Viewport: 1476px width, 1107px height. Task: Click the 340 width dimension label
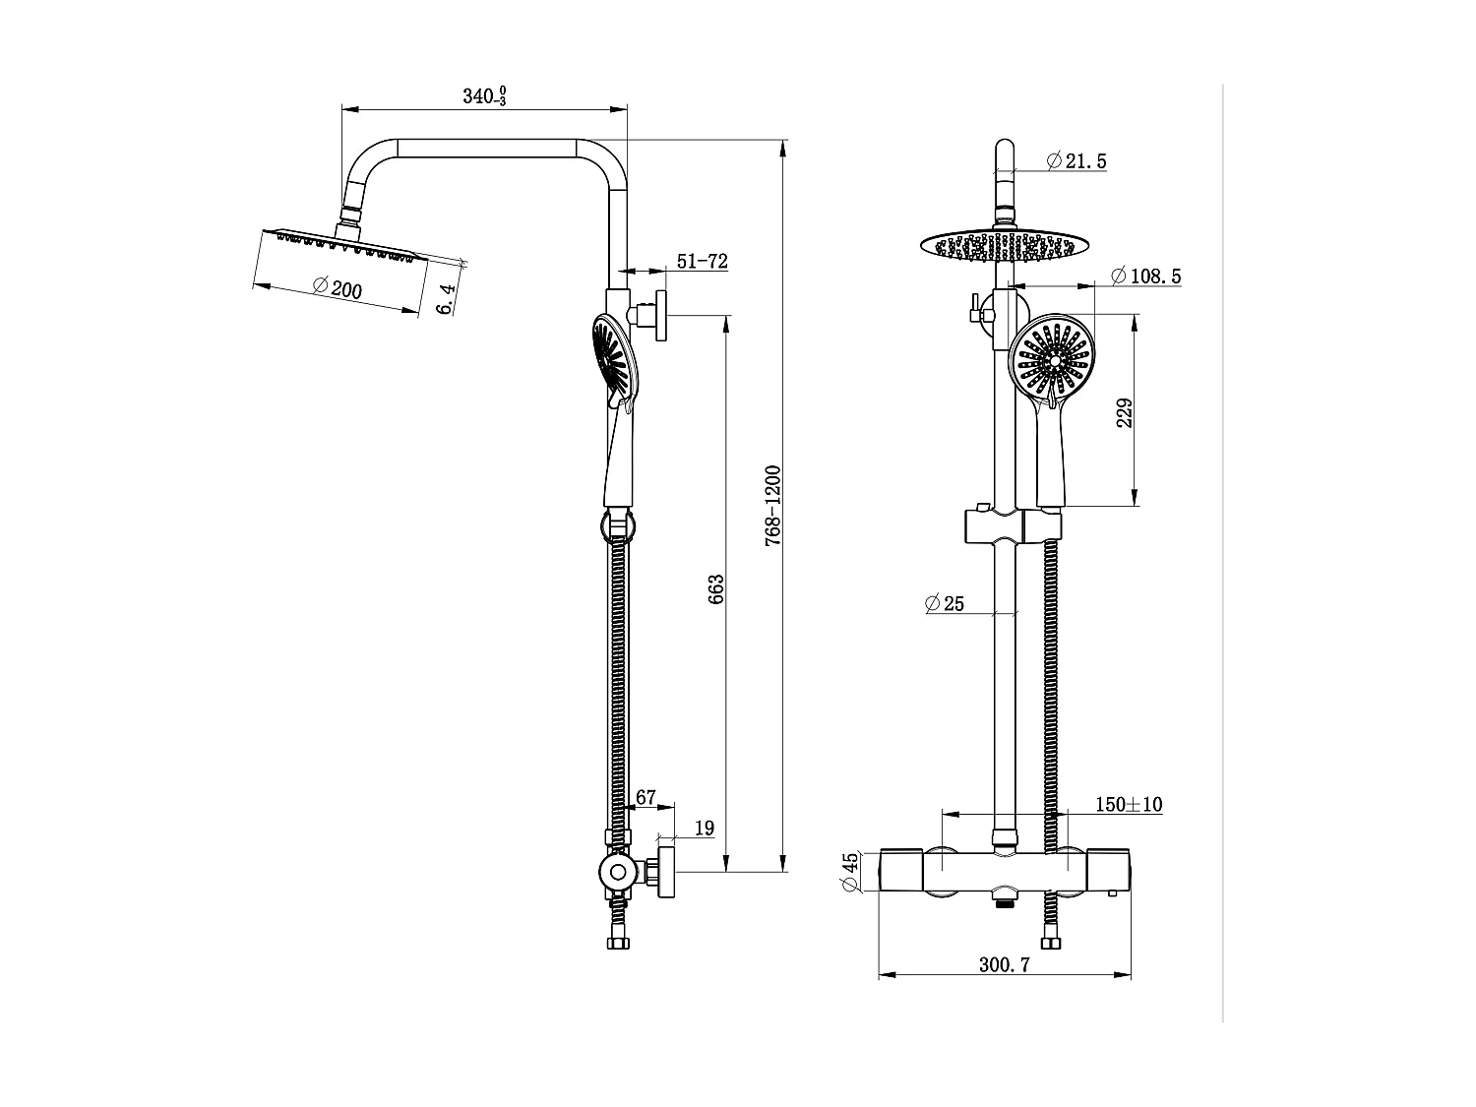click(484, 95)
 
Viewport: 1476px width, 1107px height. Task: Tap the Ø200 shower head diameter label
click(338, 288)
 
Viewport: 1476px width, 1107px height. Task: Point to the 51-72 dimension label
click(702, 261)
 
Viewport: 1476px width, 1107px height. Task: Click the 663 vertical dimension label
click(715, 589)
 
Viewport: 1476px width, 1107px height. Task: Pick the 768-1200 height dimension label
click(772, 507)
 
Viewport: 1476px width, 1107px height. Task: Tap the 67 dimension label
click(646, 798)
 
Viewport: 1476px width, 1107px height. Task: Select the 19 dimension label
click(705, 829)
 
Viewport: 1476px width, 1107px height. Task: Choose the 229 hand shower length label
click(1126, 412)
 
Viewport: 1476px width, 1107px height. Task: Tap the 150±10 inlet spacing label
click(1129, 805)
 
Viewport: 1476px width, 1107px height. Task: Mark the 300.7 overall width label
click(1004, 965)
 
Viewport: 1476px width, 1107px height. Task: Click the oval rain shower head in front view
click(1005, 245)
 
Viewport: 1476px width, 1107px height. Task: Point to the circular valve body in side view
click(618, 872)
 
